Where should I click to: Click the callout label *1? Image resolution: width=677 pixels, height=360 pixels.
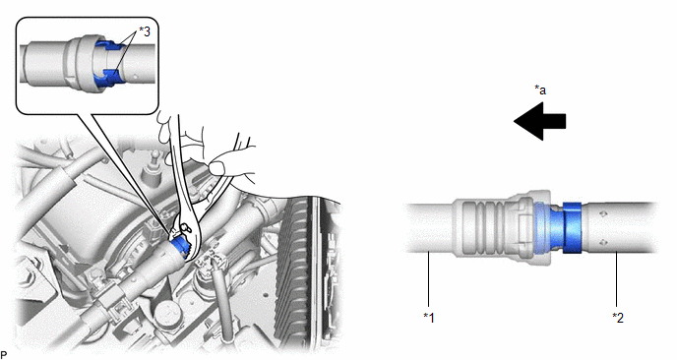tap(429, 318)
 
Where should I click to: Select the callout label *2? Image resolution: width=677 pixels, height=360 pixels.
tap(618, 318)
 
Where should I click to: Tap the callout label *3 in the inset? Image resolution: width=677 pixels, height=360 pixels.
tap(145, 31)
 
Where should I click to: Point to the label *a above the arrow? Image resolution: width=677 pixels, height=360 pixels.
tap(540, 90)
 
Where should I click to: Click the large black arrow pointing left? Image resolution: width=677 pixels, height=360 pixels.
tap(539, 121)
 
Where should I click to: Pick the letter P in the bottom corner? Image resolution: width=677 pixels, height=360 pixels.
tap(4, 355)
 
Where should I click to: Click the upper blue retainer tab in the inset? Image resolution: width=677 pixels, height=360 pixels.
tap(108, 46)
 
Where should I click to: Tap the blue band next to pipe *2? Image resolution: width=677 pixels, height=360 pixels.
tap(572, 227)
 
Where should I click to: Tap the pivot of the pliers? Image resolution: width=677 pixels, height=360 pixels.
tap(185, 226)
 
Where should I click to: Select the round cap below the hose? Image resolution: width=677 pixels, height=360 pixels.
tap(167, 312)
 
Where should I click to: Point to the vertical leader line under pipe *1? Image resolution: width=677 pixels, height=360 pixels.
tap(428, 279)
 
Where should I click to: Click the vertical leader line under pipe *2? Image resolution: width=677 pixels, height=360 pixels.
tap(617, 279)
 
